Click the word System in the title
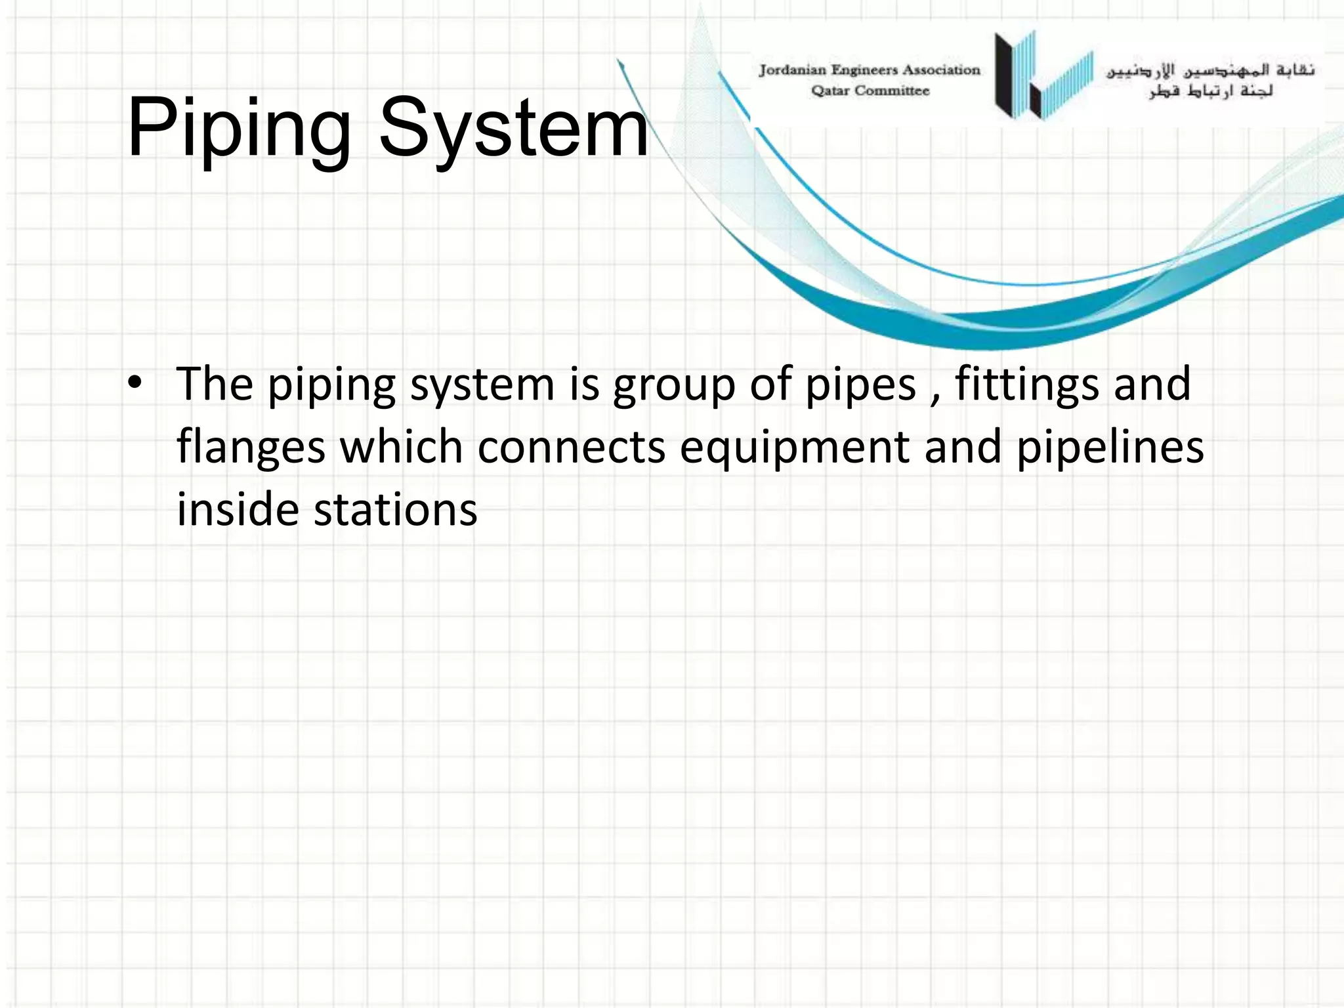coord(513,129)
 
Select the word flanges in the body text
coord(251,448)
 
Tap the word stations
coord(395,510)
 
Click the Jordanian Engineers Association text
coord(870,70)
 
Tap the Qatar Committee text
coord(870,91)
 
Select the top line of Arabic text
coord(1211,70)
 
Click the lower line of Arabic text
coord(1211,91)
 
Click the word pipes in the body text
coord(860,386)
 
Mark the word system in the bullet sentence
coord(482,386)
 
